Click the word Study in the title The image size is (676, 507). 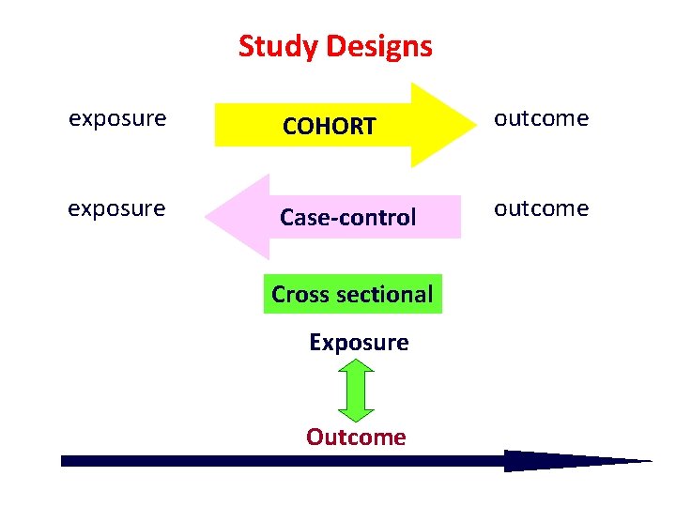273,46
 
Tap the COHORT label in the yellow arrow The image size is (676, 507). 330,126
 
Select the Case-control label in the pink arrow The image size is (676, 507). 347,218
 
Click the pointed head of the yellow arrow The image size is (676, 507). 442,124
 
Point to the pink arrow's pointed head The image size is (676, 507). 236,217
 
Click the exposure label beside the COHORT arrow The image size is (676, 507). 117,118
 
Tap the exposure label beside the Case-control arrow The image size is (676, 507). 116,207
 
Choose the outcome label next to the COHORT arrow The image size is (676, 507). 542,118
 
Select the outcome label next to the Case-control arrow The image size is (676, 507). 542,207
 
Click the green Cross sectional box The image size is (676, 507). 352,294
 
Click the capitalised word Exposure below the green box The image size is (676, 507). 359,343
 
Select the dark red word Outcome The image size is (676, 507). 356,438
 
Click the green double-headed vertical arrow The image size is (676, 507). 356,390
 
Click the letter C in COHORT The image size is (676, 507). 291,126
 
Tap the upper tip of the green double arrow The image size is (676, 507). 356,362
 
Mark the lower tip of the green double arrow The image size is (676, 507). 356,418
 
